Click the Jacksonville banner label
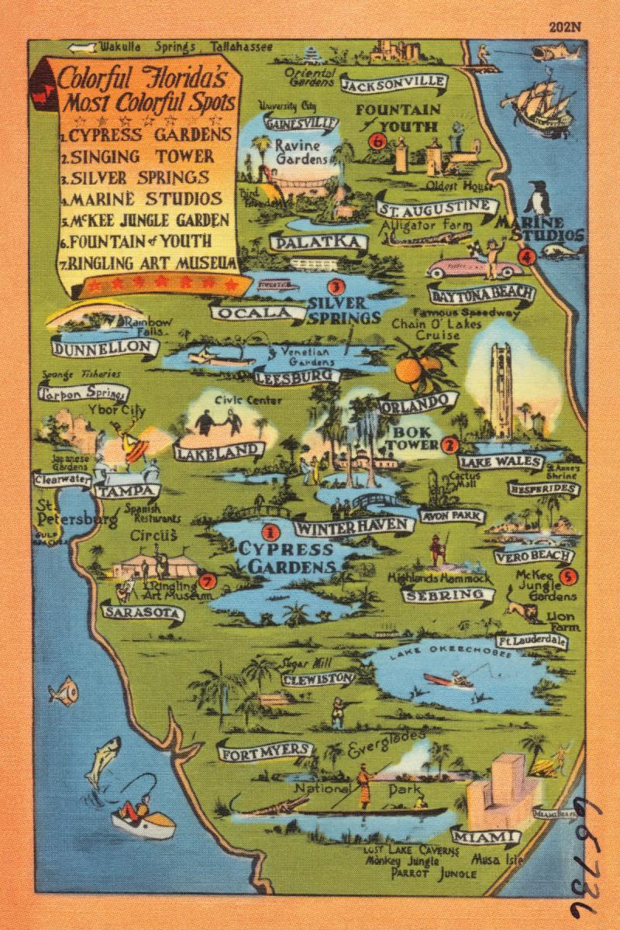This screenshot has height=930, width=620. (x=394, y=83)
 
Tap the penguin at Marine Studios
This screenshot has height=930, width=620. (x=537, y=200)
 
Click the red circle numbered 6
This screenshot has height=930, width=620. (x=377, y=141)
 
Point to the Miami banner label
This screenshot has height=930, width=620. (x=484, y=838)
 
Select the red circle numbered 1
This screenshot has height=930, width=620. (x=270, y=532)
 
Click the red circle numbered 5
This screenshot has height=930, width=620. (x=567, y=576)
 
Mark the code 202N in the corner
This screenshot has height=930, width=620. (x=564, y=27)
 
